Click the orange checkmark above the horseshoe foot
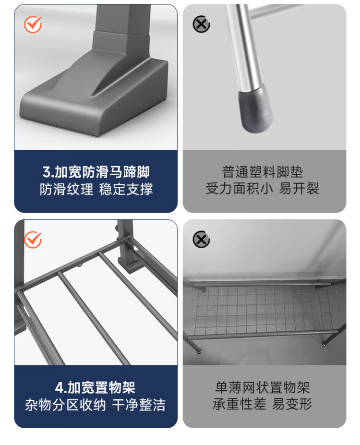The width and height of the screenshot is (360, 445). click(33, 24)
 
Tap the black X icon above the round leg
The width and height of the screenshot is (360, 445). click(201, 24)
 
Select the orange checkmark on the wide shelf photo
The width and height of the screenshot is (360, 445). click(33, 240)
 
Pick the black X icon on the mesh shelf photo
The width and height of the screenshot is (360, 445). click(201, 240)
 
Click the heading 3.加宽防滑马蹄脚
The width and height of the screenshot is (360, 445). click(96, 172)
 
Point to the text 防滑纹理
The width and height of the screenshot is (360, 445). click(66, 189)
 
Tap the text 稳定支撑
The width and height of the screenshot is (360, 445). click(126, 189)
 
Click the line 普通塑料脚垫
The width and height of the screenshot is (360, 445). click(263, 172)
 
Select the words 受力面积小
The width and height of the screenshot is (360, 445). click(239, 189)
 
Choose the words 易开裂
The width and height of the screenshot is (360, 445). click(299, 189)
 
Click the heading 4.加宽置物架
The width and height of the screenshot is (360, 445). click(96, 387)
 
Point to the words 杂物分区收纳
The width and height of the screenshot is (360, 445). click(65, 405)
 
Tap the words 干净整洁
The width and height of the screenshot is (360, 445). click(139, 405)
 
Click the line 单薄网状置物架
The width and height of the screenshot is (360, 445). click(263, 387)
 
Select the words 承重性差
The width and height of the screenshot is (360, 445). click(240, 404)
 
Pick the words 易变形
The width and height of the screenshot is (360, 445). click(292, 404)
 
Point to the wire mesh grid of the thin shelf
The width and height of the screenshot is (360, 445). click(264, 309)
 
